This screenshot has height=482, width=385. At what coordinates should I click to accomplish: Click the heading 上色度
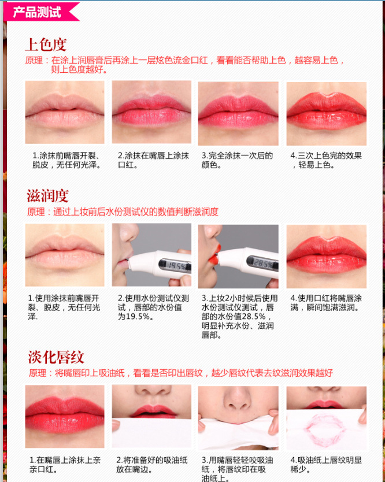tap(46, 45)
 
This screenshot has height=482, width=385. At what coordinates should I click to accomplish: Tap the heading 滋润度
tap(47, 196)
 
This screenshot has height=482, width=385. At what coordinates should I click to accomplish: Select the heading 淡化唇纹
tap(56, 357)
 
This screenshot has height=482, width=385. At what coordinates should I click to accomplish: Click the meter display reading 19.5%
tap(174, 265)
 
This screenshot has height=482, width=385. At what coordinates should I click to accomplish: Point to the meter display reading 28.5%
tap(262, 263)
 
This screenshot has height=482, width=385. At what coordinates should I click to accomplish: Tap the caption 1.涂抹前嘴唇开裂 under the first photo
tap(66, 160)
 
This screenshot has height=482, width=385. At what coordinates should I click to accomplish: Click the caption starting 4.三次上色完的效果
tap(326, 160)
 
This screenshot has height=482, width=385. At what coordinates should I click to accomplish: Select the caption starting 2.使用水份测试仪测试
tap(153, 307)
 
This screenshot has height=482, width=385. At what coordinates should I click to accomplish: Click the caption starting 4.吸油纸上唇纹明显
tap(326, 465)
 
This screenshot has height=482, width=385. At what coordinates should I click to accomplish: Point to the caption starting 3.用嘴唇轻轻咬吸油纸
tap(238, 469)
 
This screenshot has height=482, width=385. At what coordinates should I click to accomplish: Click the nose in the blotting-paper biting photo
tap(238, 399)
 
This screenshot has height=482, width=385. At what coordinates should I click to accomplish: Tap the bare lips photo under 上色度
tap(65, 112)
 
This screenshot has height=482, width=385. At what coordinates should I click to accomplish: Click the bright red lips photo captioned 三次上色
tap(326, 113)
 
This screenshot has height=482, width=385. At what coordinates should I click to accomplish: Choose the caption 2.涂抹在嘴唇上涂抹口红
tap(153, 160)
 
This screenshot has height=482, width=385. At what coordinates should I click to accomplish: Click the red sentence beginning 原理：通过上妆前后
tap(123, 212)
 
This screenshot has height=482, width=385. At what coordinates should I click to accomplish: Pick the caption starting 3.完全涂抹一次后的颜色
tap(237, 160)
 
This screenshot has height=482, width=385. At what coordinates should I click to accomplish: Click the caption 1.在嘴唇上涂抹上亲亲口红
tap(65, 465)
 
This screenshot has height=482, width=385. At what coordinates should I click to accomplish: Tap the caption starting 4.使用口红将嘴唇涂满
tap(326, 303)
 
